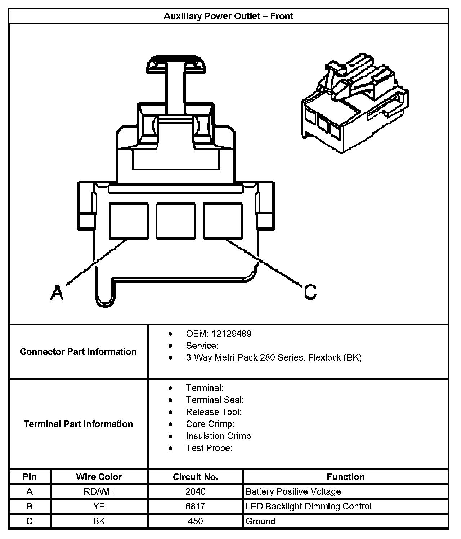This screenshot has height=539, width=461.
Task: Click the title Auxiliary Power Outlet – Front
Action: (228, 16)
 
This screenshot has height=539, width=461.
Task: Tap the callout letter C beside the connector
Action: (310, 292)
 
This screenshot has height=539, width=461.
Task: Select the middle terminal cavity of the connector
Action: (176, 221)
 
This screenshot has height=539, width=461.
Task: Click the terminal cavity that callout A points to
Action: (129, 221)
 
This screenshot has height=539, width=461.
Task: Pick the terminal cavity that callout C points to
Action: (223, 221)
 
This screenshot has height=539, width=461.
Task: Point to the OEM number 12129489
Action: (231, 334)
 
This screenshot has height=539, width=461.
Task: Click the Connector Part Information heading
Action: (78, 352)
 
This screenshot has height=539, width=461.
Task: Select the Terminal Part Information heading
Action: (78, 424)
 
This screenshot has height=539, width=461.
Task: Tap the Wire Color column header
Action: (99, 477)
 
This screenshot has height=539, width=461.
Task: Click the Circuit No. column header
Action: (196, 477)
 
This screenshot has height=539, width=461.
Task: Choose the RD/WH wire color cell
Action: (99, 491)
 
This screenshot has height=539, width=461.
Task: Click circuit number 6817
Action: (195, 506)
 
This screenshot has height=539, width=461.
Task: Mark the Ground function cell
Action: (260, 521)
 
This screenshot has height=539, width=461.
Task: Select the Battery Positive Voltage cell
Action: (293, 491)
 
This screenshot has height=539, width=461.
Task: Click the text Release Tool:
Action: (214, 412)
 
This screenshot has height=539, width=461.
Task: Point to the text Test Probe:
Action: (209, 448)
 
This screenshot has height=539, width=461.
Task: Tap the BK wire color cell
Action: (99, 521)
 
